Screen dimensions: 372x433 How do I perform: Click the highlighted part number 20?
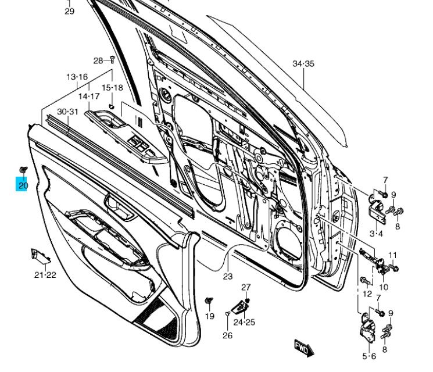click(23, 185)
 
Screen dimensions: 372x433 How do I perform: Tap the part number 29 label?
click(69, 12)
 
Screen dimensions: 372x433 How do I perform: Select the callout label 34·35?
click(303, 64)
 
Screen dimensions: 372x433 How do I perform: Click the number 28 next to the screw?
click(98, 60)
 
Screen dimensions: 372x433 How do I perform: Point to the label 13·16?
click(77, 77)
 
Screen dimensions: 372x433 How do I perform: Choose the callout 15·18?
click(113, 88)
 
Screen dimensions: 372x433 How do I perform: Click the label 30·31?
click(67, 112)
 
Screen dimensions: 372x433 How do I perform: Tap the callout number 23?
click(227, 277)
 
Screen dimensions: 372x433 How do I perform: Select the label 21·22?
click(45, 274)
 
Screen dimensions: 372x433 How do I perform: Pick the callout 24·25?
click(244, 321)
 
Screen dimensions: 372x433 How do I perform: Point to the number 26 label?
click(227, 335)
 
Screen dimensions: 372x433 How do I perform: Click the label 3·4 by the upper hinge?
click(376, 234)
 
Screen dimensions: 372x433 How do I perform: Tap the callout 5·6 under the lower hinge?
click(369, 355)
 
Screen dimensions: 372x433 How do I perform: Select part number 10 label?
click(384, 287)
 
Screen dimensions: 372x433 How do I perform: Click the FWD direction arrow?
click(304, 348)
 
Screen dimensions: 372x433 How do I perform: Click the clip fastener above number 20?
click(23, 170)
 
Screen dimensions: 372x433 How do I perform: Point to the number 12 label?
click(367, 294)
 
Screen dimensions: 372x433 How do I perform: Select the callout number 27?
click(246, 287)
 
